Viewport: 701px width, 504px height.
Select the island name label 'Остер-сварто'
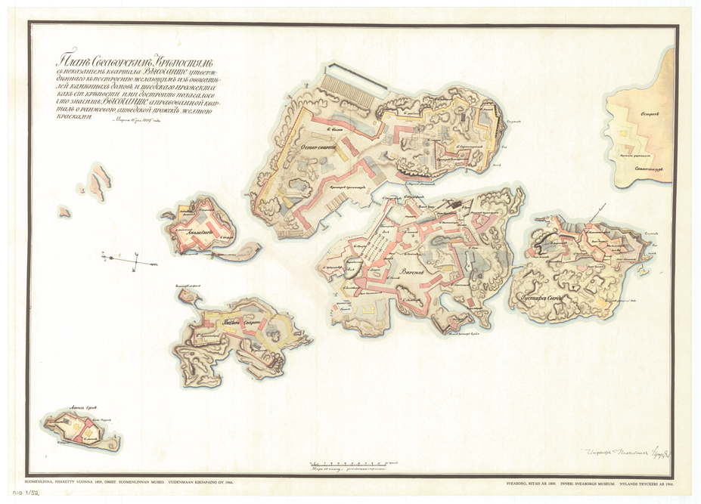click(318, 147)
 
